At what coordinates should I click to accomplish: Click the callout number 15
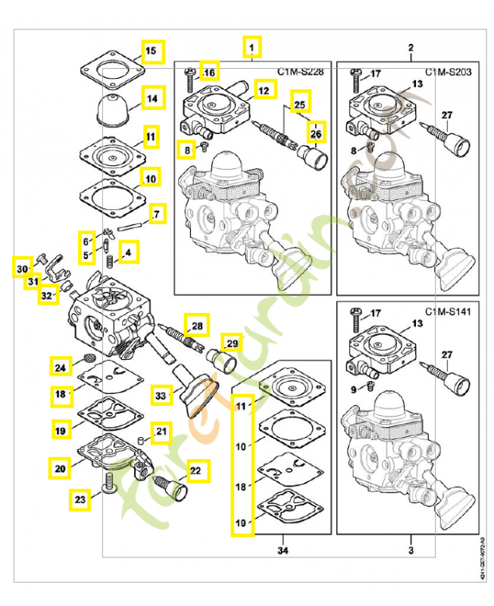coord(151,51)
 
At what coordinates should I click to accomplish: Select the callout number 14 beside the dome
coord(152,98)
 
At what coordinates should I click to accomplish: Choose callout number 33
coord(160,395)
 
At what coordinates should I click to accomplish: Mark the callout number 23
coord(80,498)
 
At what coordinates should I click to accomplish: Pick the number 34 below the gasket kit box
coord(283,548)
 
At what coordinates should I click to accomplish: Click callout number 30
coord(22,268)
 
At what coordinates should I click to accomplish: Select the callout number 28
coord(196,326)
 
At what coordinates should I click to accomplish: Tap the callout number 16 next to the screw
coord(209,73)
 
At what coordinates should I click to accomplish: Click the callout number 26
coord(314,133)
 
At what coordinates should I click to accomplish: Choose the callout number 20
coord(59,469)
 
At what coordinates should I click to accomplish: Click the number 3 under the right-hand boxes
coord(410,548)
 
